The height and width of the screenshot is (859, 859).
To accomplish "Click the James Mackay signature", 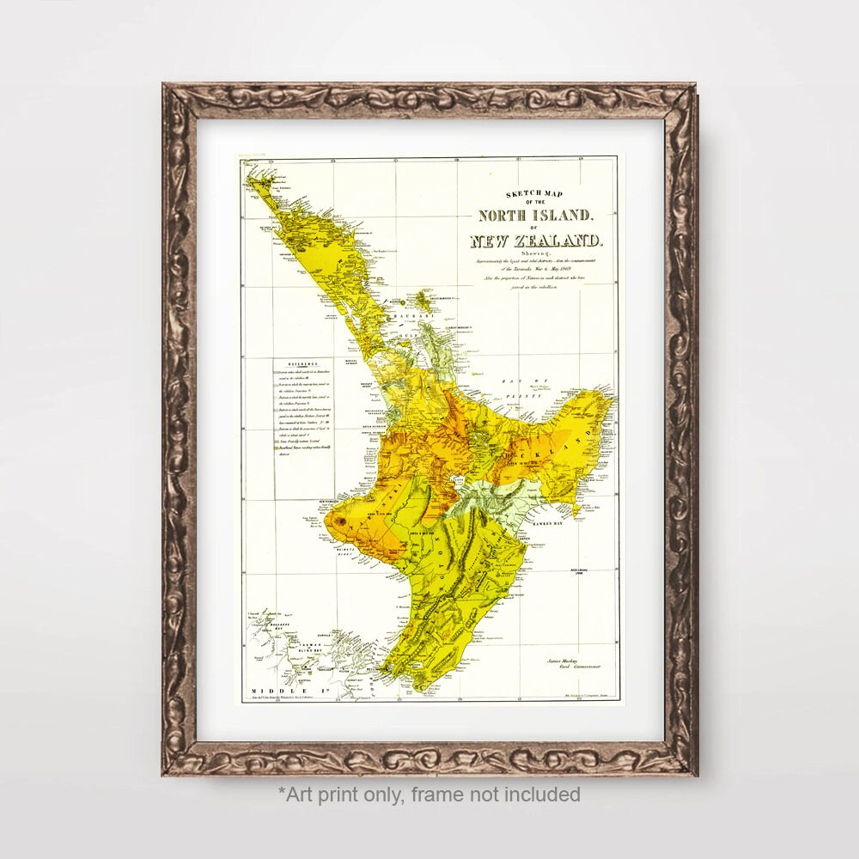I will click(564, 660).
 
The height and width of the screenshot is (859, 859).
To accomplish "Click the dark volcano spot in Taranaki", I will click(342, 520).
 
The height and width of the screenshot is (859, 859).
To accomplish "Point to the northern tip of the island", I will click(250, 173).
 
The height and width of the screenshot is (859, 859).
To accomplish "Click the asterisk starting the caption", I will click(281, 792).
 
